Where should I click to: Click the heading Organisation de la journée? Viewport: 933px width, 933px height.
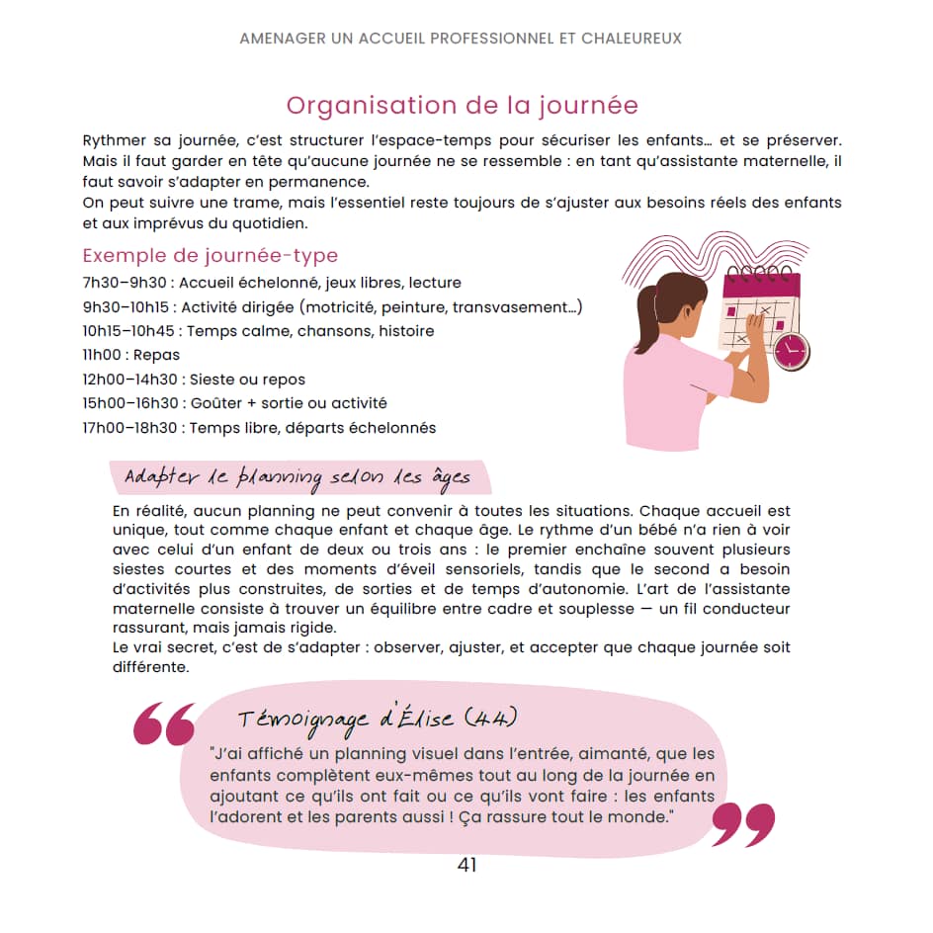462,106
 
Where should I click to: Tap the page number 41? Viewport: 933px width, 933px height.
467,865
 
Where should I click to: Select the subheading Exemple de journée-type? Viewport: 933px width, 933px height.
210,256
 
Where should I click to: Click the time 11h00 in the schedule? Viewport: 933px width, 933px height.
103,355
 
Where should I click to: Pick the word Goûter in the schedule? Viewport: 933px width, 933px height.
217,403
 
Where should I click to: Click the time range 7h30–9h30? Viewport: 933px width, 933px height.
125,283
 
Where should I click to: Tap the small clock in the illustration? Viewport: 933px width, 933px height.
791,350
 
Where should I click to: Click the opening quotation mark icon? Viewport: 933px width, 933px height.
164,724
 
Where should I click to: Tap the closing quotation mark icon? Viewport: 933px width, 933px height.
742,824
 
